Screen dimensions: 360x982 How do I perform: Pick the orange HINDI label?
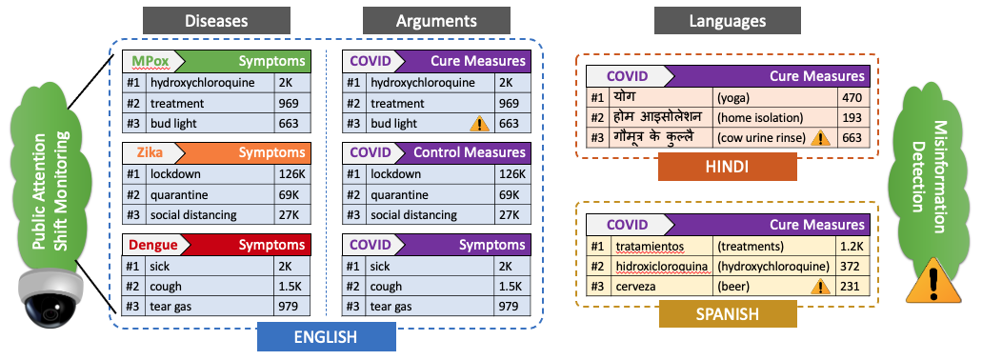tap(728, 167)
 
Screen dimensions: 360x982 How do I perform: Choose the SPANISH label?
tap(727, 312)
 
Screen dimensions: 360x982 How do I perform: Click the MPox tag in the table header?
tap(148, 61)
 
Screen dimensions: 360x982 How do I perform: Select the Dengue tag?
tap(152, 244)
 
